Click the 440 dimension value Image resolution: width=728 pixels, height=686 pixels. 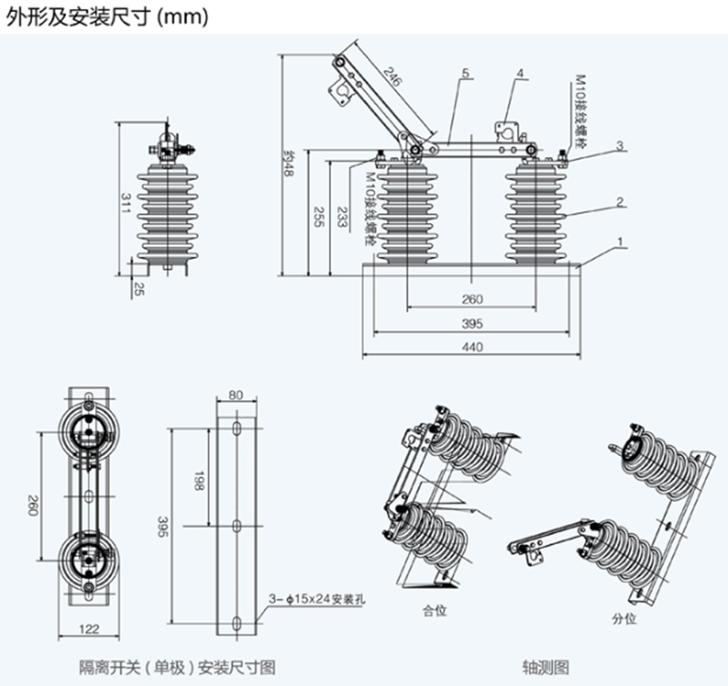pos(472,346)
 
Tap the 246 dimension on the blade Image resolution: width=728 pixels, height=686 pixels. pos(393,80)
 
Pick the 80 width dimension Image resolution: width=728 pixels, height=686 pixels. pos(235,395)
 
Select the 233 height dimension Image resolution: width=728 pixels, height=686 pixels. pos(342,217)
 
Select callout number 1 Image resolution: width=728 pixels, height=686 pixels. pos(621,241)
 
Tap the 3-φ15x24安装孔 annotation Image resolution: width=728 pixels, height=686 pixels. pos(316,597)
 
